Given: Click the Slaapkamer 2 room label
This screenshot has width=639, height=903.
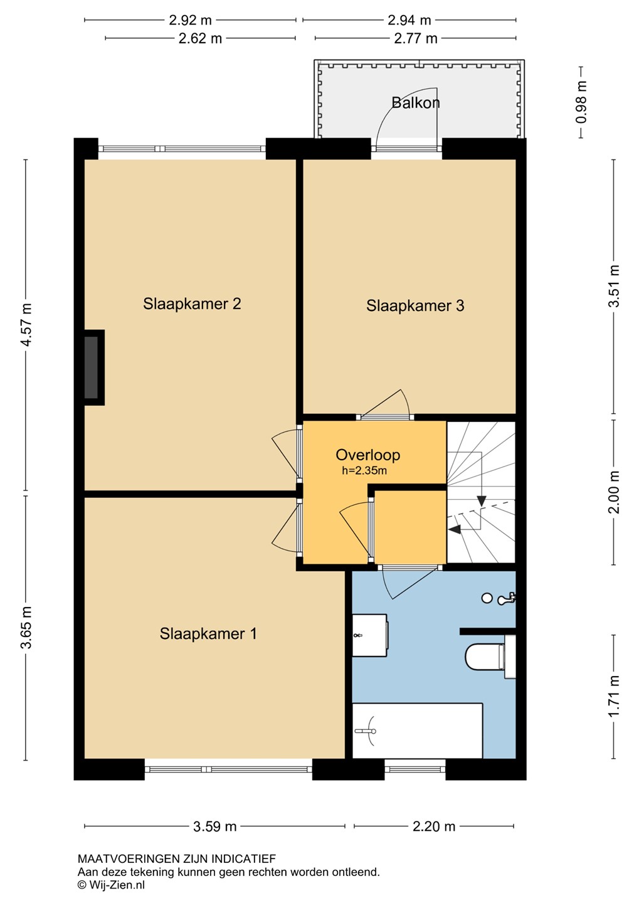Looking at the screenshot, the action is [x=192, y=304].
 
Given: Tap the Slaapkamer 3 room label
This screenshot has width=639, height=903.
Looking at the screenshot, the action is [x=415, y=305].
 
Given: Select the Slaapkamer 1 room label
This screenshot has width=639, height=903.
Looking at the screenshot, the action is [x=208, y=634].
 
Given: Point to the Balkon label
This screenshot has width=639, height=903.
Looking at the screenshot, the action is [x=416, y=102].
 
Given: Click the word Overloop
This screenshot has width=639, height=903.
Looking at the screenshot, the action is [x=367, y=455].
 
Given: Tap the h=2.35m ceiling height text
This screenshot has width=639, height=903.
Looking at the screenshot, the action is [x=364, y=470].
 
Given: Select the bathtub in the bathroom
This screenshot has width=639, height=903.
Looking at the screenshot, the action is [x=417, y=731].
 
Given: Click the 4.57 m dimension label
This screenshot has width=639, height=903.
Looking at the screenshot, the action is [x=26, y=325].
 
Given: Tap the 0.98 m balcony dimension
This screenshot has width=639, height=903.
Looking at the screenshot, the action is [x=581, y=102].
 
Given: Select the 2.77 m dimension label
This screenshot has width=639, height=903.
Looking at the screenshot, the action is [x=416, y=38].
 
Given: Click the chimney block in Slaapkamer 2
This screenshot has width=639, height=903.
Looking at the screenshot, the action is [x=94, y=367].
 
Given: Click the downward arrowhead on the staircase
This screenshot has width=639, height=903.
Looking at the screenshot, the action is [x=482, y=501].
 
